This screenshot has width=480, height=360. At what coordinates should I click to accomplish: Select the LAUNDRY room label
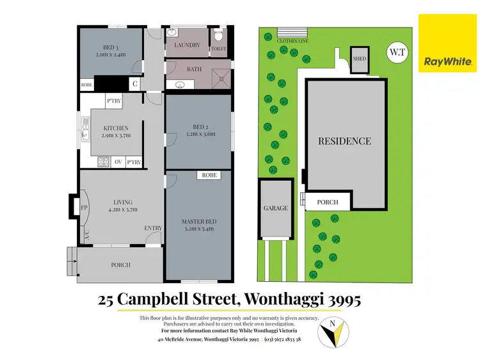coord(187,45)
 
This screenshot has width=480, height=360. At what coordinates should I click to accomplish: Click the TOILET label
coord(218,48)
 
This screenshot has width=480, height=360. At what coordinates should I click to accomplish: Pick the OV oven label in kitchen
coord(118,162)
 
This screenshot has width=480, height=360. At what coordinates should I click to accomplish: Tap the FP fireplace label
coord(83,208)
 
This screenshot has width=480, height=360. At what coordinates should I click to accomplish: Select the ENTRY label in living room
coord(153,228)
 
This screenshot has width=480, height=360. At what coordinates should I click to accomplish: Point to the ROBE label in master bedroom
coord(209,175)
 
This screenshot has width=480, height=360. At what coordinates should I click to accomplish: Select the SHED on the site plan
coord(360,59)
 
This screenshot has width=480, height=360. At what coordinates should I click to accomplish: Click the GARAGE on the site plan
coord(275,208)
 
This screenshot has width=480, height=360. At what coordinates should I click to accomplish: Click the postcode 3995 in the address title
coord(342,299)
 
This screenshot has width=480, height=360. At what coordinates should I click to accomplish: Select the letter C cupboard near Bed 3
coord(136,83)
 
